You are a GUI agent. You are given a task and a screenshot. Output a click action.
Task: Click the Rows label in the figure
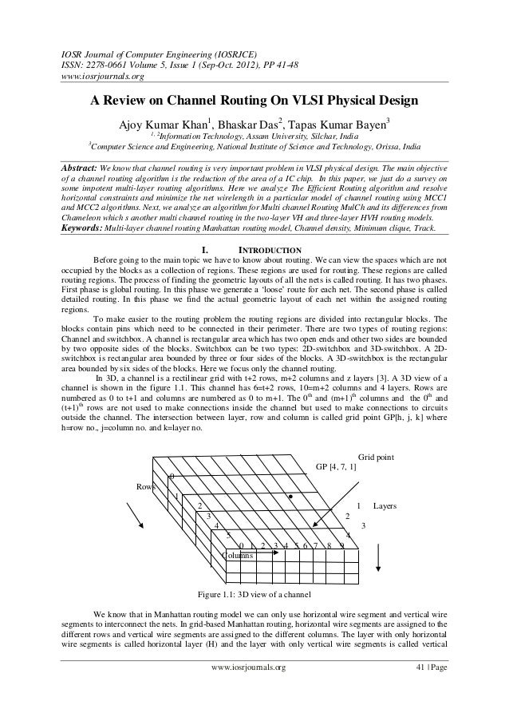tap(146, 486)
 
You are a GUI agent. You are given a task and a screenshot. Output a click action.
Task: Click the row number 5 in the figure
tap(229, 535)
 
